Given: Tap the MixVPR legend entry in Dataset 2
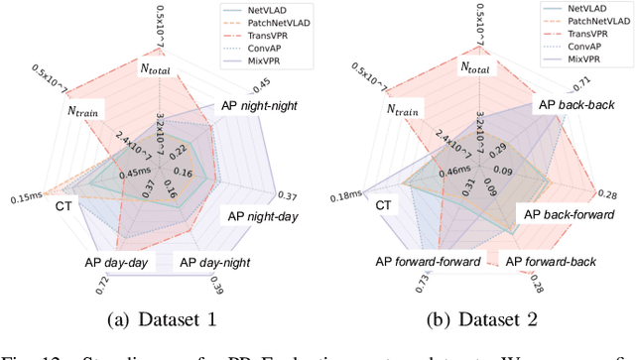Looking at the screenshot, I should [572, 58].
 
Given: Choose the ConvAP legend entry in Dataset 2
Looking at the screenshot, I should [572, 45].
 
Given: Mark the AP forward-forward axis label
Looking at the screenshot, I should [429, 262].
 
